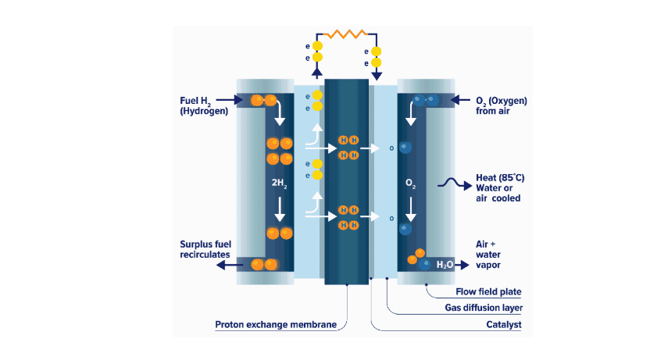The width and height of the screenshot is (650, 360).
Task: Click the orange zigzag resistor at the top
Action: pos(347,34)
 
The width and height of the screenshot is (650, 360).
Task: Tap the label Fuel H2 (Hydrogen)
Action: pos(203,105)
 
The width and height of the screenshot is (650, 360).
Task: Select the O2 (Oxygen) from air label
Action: pos(501,105)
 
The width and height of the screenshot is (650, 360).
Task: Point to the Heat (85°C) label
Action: pos(500,178)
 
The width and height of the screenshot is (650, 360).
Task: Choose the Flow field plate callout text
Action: pos(488,292)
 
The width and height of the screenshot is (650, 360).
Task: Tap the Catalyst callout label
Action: pos(503,324)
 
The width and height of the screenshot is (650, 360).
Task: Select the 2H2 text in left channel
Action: pos(279,185)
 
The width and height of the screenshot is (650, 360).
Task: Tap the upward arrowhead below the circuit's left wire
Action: pos(316,73)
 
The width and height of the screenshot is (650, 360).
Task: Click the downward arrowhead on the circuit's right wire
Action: pos(377,77)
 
